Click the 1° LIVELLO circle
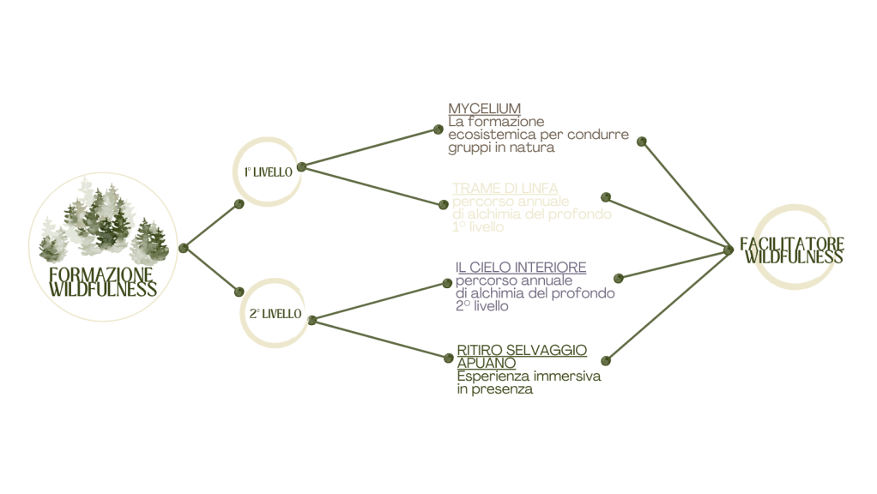coord(267,171)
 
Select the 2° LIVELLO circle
coord(275,314)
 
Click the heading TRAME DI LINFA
coord(505,188)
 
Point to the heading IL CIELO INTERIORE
coord(520,268)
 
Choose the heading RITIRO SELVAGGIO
coord(522,350)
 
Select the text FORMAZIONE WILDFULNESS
coord(103,281)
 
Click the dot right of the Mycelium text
coord(642,141)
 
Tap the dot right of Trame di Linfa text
coord(606,196)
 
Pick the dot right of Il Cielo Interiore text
coord(619,278)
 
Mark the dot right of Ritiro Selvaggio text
coord(606,360)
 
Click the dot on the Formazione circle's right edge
coord(184,249)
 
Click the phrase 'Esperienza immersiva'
coord(529,377)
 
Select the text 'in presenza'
coord(494,389)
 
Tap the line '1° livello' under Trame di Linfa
coord(478,228)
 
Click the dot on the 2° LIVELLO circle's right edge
coord(312,321)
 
